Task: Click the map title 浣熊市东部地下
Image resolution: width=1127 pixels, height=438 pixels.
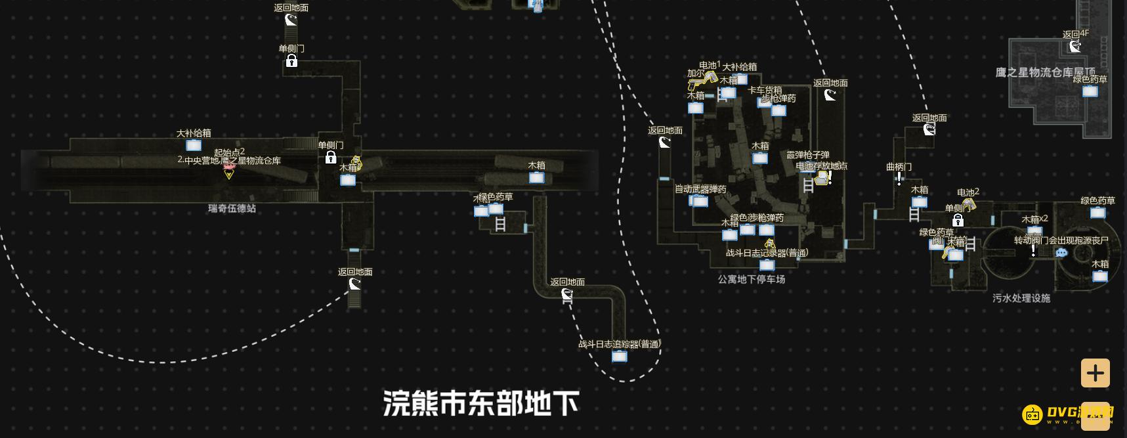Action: [x=480, y=403]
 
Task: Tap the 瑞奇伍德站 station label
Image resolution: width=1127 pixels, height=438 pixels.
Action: [x=232, y=208]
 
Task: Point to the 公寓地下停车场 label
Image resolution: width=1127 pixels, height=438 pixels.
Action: [x=751, y=279]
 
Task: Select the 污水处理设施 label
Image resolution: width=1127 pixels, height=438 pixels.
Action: [x=1021, y=298]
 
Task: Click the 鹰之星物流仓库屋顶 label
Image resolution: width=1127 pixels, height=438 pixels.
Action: [x=1045, y=72]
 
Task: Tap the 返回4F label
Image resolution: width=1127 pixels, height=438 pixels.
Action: [x=1075, y=34]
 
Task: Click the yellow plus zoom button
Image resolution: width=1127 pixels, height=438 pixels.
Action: [x=1095, y=373]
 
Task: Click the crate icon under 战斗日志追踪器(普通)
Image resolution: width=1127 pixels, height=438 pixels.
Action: [x=619, y=357]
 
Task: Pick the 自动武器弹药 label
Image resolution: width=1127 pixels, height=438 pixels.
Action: [x=700, y=189]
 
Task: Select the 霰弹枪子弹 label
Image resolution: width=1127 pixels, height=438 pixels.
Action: [x=808, y=156]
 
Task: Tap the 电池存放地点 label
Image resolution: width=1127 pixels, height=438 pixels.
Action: [x=821, y=166]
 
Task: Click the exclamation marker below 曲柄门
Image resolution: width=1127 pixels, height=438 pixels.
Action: [x=899, y=179]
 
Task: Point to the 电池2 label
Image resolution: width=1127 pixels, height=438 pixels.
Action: [x=968, y=192]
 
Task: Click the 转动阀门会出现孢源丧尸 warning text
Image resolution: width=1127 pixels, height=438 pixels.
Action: [x=1061, y=240]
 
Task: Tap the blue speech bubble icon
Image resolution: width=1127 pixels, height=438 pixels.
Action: [x=1061, y=253]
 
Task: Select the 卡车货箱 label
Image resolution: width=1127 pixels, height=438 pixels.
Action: [x=765, y=90]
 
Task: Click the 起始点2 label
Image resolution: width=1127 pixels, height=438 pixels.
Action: [x=229, y=152]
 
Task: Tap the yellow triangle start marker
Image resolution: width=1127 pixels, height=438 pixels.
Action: [x=228, y=174]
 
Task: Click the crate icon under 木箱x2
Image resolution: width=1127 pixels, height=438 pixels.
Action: [x=1034, y=230]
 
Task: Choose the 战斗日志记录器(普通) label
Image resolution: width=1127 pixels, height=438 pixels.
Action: [x=767, y=253]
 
